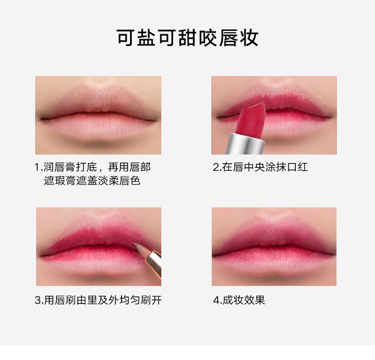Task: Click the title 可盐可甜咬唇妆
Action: tap(188, 38)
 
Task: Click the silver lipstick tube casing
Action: tap(246, 144)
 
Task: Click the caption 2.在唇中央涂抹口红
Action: tap(260, 167)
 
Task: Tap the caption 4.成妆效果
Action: tap(239, 300)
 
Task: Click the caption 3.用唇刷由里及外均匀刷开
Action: tap(98, 300)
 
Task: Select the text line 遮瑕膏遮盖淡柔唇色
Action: tap(92, 180)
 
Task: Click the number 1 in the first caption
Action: tap(37, 167)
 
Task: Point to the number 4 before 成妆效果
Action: tap(216, 300)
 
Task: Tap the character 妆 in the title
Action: tap(249, 38)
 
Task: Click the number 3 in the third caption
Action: tap(37, 300)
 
